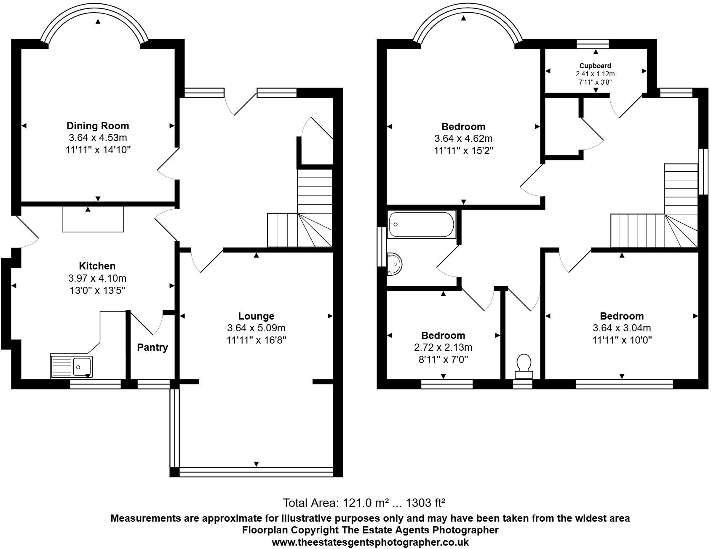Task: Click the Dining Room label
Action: pos(98,126)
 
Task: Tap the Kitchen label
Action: pos(97,266)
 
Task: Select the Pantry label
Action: pos(152,347)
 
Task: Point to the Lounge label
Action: pos(256,316)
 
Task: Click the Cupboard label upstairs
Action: pos(595,66)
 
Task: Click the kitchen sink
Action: pos(71,366)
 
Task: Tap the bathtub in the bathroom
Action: pos(421,224)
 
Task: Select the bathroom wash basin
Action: pos(395,264)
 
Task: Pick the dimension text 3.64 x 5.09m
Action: pos(256,328)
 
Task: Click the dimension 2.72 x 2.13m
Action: pos(443,347)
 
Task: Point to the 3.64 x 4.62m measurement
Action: pos(463,139)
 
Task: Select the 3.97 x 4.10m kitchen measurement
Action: pos(97,278)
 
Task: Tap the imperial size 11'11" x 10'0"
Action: pos(622,340)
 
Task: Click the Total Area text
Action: pos(364,503)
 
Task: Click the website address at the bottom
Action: pos(370,542)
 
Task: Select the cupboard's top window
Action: pos(593,44)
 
